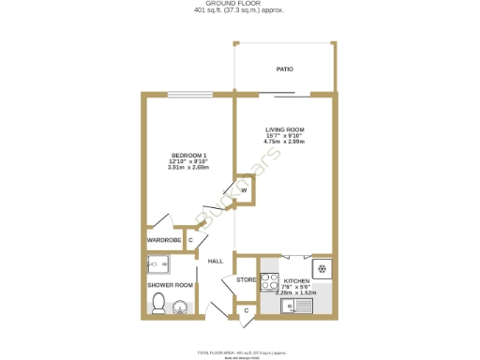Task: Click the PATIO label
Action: (x=284, y=69)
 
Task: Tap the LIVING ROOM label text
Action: (x=284, y=129)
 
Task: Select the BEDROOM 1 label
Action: (x=188, y=155)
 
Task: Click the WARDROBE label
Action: (x=164, y=241)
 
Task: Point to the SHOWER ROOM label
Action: (x=170, y=285)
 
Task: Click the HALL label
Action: (x=215, y=262)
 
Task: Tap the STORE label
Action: (x=246, y=280)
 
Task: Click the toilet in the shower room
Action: (x=158, y=303)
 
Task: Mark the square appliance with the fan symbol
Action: (x=322, y=269)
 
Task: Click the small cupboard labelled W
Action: (x=244, y=190)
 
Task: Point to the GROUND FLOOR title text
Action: (x=239, y=4)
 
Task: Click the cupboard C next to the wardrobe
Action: (x=191, y=241)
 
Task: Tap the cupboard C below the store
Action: (x=247, y=309)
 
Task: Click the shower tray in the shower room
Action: (x=161, y=263)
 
